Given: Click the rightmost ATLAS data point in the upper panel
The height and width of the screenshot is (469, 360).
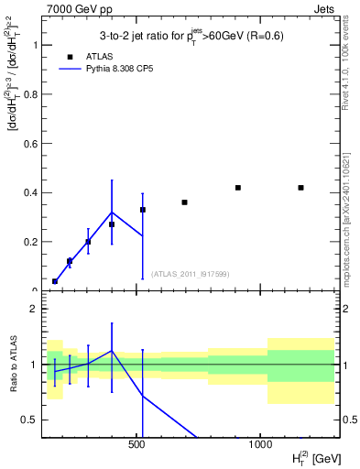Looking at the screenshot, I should (x=300, y=188).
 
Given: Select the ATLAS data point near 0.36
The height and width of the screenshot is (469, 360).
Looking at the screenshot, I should (x=184, y=202).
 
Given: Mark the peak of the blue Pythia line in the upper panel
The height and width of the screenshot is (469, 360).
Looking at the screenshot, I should (x=112, y=213).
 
